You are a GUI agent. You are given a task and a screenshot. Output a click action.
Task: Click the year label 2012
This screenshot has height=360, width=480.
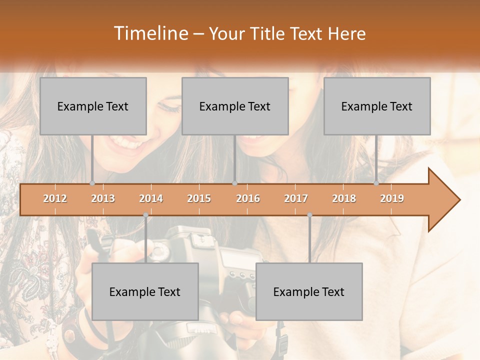pyautogui.click(x=55, y=198)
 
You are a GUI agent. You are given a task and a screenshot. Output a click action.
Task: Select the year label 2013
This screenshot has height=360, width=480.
pyautogui.click(x=103, y=198)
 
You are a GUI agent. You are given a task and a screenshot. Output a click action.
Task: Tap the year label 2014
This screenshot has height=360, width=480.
pyautogui.click(x=151, y=198)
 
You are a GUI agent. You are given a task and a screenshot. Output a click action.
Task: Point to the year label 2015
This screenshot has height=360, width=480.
pyautogui.click(x=199, y=198)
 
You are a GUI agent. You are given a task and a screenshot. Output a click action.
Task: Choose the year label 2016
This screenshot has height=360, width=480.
pyautogui.click(x=248, y=198)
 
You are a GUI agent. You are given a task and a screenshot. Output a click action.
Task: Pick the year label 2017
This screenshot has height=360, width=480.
pyautogui.click(x=296, y=198)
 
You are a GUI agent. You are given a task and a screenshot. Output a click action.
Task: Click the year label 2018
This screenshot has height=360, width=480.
pyautogui.click(x=344, y=198)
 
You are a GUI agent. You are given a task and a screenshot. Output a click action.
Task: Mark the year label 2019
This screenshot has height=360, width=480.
pyautogui.click(x=392, y=198)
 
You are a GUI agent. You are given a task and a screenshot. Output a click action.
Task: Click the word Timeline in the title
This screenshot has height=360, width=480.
pyautogui.click(x=149, y=33)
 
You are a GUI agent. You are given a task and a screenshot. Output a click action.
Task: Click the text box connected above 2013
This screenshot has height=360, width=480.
pyautogui.click(x=93, y=106)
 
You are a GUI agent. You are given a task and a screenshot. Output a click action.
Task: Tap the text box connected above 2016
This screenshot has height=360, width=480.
pyautogui.click(x=235, y=106)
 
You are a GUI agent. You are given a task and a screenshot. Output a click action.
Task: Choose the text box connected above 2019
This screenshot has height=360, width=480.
pyautogui.click(x=377, y=106)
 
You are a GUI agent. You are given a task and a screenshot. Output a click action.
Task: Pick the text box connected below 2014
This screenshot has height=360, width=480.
pyautogui.click(x=145, y=291)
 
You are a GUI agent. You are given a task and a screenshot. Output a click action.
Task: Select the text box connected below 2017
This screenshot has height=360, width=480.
pyautogui.click(x=309, y=291)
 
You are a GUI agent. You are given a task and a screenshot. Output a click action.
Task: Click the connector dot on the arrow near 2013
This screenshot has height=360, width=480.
pyautogui.click(x=92, y=183)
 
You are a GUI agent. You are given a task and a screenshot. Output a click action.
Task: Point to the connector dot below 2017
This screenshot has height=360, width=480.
pyautogui.click(x=309, y=215)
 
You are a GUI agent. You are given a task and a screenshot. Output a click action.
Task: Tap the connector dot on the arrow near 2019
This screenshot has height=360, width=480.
pyautogui.click(x=376, y=183)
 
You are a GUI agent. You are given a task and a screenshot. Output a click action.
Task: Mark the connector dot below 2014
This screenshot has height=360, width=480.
pyautogui.click(x=145, y=215)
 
